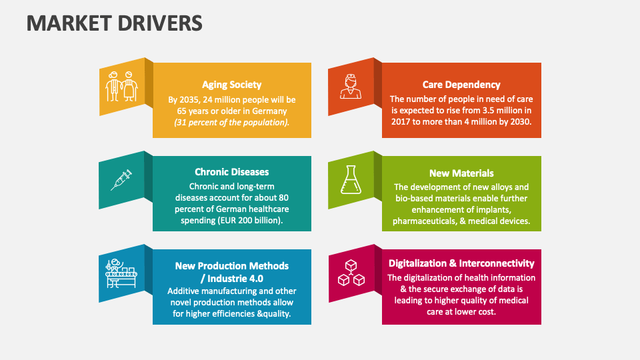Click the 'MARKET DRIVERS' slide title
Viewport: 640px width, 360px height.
114,23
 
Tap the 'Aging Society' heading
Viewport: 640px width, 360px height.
231,85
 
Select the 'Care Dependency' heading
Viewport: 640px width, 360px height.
461,85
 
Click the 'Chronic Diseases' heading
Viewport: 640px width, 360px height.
231,172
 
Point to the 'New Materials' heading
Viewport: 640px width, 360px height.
461,173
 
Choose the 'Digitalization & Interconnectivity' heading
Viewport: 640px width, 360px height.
461,263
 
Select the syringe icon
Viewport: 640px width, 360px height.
121,179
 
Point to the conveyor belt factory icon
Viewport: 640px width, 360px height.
121,272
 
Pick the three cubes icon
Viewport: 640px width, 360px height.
351,273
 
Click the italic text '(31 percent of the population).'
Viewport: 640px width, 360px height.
231,123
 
